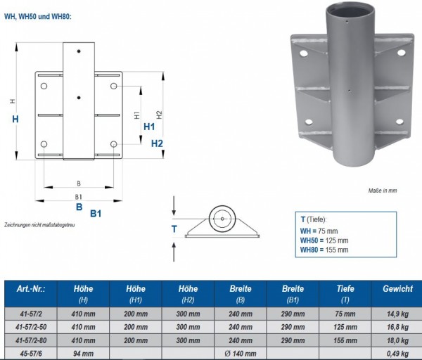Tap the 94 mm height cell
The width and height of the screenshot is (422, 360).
point(84,352)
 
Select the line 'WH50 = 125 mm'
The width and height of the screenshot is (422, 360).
point(324,240)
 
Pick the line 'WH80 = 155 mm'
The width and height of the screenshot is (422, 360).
point(324,250)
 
